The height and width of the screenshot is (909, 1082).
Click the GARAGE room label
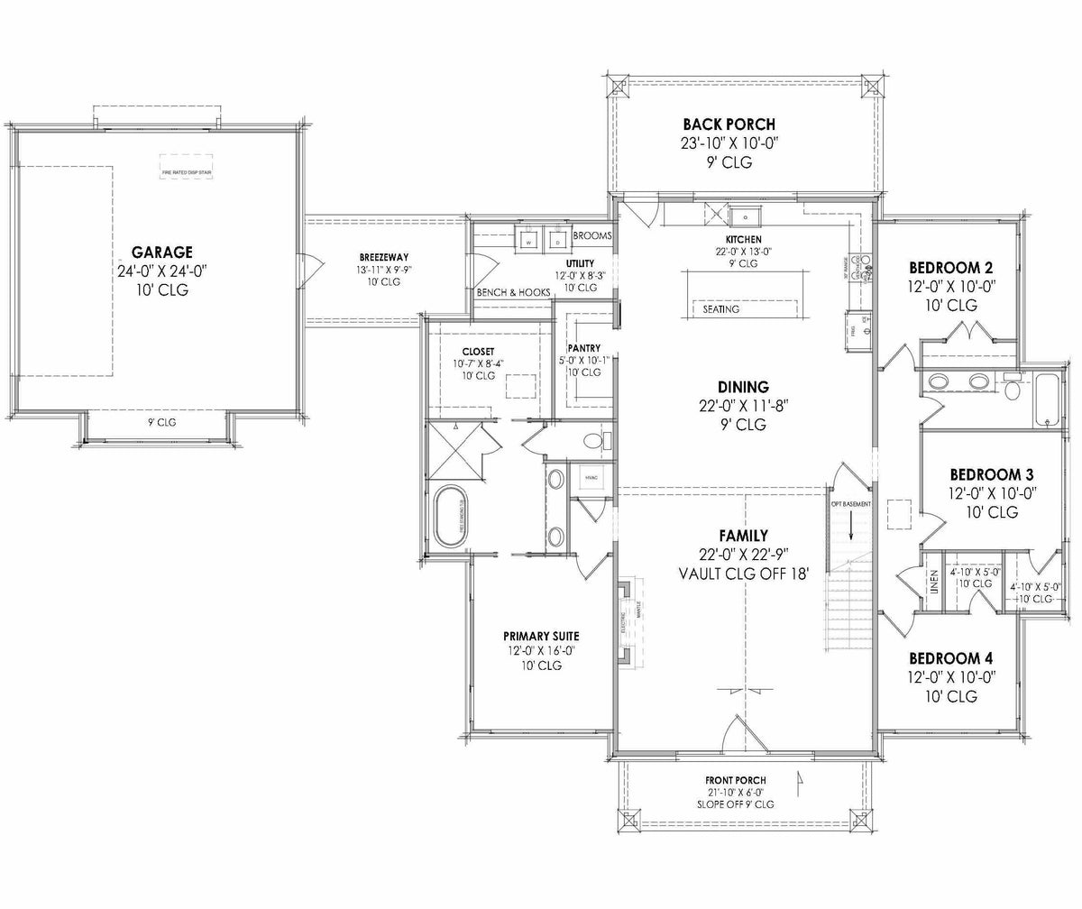pyautogui.click(x=161, y=252)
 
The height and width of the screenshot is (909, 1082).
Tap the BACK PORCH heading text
pyautogui.click(x=729, y=124)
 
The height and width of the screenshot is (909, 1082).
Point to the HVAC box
pyautogui.click(x=591, y=477)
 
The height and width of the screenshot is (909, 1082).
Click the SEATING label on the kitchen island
pyautogui.click(x=720, y=309)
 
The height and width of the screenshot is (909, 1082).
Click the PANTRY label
pyautogui.click(x=584, y=348)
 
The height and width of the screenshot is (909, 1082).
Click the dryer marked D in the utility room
pyautogui.click(x=557, y=242)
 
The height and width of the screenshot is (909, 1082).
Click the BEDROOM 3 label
pyautogui.click(x=992, y=475)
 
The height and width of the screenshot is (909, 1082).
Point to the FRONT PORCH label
pyautogui.click(x=735, y=780)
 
